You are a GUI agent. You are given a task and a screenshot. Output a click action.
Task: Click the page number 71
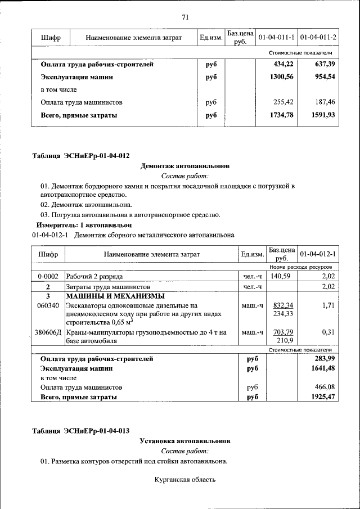click(x=185, y=17)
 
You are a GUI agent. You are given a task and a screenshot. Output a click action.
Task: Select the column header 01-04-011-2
click(x=318, y=37)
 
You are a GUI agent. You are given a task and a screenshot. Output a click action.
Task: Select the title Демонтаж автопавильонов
click(x=184, y=166)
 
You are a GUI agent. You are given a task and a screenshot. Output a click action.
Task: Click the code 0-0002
click(x=48, y=277)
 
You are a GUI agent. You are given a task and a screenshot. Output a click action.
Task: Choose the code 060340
click(x=48, y=305)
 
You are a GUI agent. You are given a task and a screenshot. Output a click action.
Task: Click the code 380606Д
click(x=48, y=332)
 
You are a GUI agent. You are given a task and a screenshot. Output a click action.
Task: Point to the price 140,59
click(x=281, y=277)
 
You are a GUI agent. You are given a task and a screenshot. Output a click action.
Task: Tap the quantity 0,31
click(x=328, y=332)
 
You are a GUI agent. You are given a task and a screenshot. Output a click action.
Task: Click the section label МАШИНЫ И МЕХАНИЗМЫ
click(x=115, y=296)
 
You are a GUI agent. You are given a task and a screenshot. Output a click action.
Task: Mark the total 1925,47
click(x=323, y=397)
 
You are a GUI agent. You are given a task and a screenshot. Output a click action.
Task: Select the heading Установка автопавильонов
click(x=185, y=442)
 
